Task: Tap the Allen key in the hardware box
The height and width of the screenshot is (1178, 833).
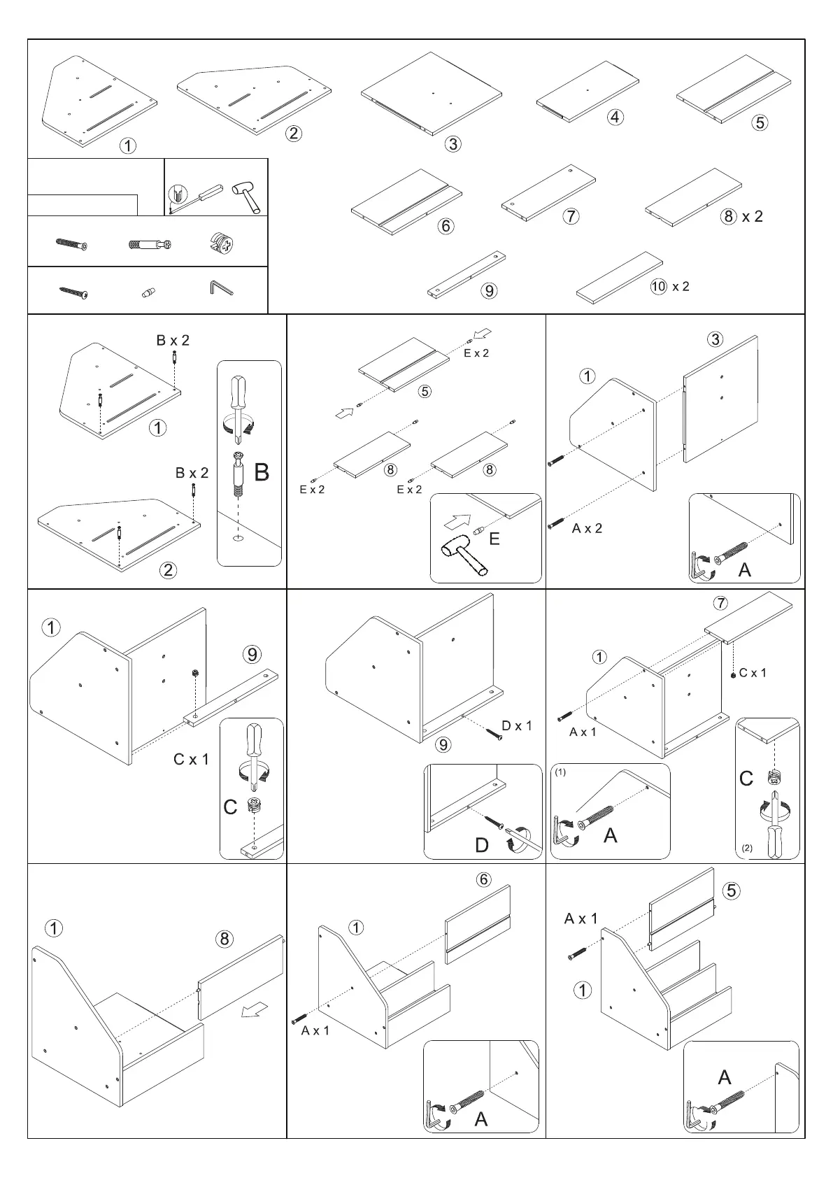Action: coord(220,288)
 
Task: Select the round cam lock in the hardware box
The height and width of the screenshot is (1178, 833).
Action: coord(223,244)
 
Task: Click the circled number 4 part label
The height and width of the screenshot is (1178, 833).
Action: coord(615,117)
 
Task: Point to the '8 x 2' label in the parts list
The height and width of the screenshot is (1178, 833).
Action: coord(742,216)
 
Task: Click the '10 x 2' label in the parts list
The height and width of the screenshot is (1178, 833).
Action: coord(670,286)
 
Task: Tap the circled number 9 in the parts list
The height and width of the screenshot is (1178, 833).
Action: coord(489,290)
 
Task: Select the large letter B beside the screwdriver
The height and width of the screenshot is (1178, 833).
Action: coord(261,473)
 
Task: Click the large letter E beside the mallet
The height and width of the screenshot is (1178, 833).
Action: coord(494,539)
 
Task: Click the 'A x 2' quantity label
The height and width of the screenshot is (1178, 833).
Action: coord(587,528)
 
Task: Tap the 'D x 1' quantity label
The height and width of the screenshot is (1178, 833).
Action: coord(517,725)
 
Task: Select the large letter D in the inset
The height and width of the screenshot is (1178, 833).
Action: coord(482,846)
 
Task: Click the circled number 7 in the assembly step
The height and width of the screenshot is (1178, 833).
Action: coord(720,603)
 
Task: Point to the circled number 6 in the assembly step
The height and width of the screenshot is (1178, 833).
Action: coord(484,879)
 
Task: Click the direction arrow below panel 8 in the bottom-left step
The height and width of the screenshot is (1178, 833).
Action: coord(253,1009)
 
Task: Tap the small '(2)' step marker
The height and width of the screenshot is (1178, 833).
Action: coord(747,848)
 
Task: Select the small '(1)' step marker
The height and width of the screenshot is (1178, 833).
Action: coord(561,773)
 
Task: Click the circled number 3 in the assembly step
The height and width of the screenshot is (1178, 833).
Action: coord(714,339)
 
